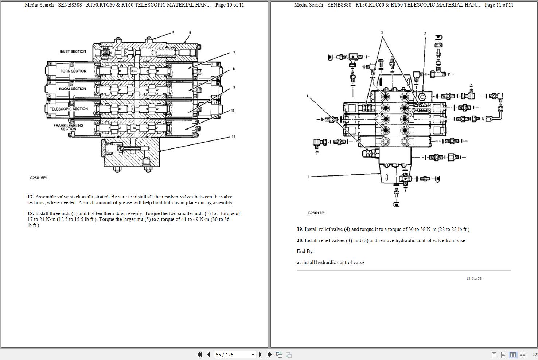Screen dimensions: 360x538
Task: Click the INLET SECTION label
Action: [x=73, y=51]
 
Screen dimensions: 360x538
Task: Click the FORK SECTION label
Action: [x=73, y=71]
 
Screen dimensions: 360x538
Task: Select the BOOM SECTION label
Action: [x=73, y=89]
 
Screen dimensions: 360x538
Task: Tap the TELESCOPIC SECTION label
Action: [x=69, y=109]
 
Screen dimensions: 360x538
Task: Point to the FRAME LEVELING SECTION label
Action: [x=69, y=127]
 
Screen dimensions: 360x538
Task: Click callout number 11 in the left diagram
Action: [x=233, y=137]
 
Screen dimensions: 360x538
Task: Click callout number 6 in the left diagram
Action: [x=190, y=33]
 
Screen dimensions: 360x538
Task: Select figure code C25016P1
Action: [x=39, y=178]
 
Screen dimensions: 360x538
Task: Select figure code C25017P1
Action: [x=317, y=213]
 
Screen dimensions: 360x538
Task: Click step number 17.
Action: [x=30, y=197]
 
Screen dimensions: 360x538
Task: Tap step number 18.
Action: [x=30, y=213]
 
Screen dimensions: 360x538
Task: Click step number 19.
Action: [x=300, y=229]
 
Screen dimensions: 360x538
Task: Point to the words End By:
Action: [x=305, y=251]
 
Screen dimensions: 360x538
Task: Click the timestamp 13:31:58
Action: [x=473, y=279]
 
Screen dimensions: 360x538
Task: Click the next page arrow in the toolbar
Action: [x=260, y=355]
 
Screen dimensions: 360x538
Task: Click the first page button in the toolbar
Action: [x=199, y=355]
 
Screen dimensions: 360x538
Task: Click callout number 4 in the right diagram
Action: [x=307, y=96]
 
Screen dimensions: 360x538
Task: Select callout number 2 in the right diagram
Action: [x=425, y=34]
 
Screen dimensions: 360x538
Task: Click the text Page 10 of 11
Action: [x=229, y=5]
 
